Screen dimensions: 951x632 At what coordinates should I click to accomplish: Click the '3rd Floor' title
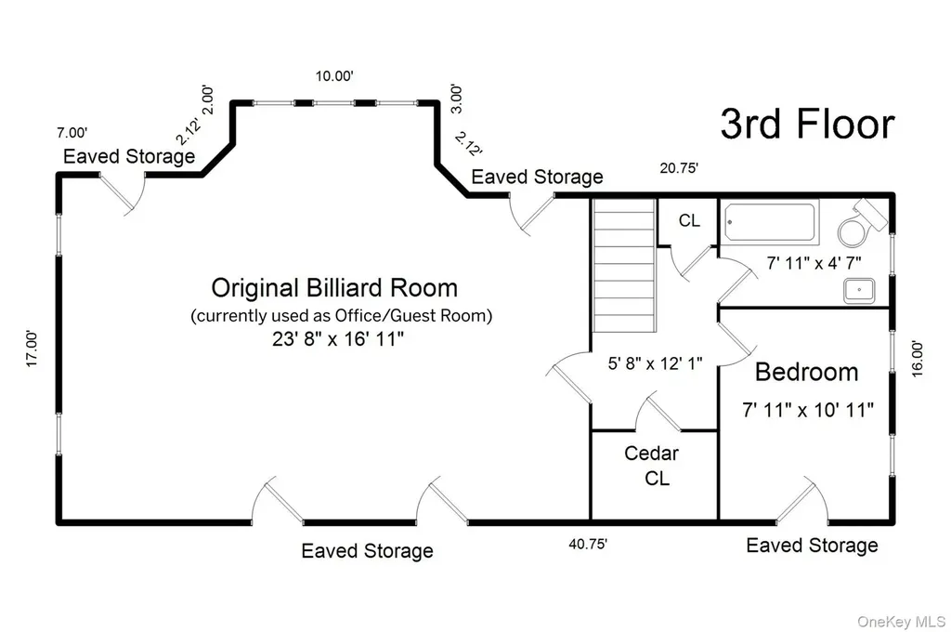coord(807,124)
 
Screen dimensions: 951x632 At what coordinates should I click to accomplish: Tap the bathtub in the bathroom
coord(770,222)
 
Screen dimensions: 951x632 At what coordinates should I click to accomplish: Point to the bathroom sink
coord(859,291)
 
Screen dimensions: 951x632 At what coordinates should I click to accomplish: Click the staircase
coord(624,265)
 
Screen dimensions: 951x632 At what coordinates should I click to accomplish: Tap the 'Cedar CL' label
coord(652,466)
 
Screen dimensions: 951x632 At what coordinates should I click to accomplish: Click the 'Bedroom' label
coord(807,372)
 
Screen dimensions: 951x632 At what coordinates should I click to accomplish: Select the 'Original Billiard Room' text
coord(334,288)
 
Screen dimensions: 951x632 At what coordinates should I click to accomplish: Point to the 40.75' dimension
coord(588,544)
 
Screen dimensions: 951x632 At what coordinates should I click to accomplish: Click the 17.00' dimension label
coord(32,349)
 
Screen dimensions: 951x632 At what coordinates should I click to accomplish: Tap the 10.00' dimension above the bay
coord(334,76)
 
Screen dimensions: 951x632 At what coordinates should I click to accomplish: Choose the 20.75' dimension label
coord(679,167)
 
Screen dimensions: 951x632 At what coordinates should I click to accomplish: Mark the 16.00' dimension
coord(917,359)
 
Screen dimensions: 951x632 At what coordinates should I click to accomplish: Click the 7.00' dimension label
coord(72,132)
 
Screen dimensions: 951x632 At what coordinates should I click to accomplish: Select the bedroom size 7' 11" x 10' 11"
coord(808,410)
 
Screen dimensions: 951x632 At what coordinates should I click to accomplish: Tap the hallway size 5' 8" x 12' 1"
coord(655,363)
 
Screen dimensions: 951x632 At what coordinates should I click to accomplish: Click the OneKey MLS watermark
coord(901,622)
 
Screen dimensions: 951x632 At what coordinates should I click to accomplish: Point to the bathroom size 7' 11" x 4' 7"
coord(814,263)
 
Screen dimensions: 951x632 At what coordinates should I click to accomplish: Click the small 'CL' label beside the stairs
coord(689,220)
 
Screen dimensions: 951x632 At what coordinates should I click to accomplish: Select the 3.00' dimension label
coord(457,99)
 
